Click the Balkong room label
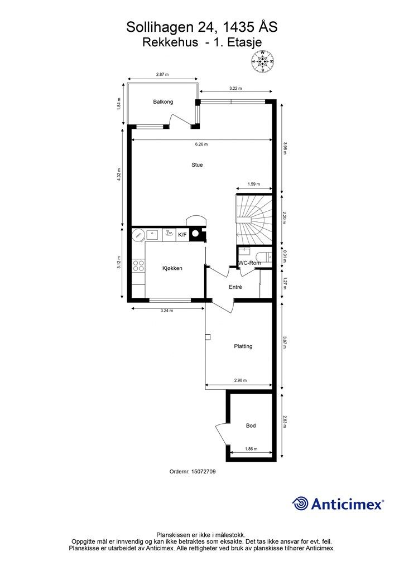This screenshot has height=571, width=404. tap(163, 102)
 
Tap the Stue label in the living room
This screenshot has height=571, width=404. tap(197, 165)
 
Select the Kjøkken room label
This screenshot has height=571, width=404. tap(172, 268)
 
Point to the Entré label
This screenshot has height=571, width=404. tap(235, 287)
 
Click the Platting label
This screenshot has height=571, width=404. tap(243, 346)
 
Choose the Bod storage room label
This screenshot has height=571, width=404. tap(251, 425)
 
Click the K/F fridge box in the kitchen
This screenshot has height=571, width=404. tap(182, 235)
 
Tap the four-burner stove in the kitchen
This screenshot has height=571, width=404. tap(138, 265)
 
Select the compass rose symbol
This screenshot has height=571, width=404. tap(262, 61)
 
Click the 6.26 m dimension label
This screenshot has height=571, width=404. tap(201, 144)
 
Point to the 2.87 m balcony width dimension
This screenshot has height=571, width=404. tap(162, 74)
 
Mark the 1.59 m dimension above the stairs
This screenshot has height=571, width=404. tap(254, 184)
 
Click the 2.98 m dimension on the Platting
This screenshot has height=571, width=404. tap(241, 380)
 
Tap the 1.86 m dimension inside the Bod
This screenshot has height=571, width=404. tap(251, 449)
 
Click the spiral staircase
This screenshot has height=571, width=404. tap(254, 220)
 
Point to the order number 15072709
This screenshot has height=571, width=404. tap(203, 472)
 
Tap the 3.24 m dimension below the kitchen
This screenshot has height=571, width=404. tap(167, 311)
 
